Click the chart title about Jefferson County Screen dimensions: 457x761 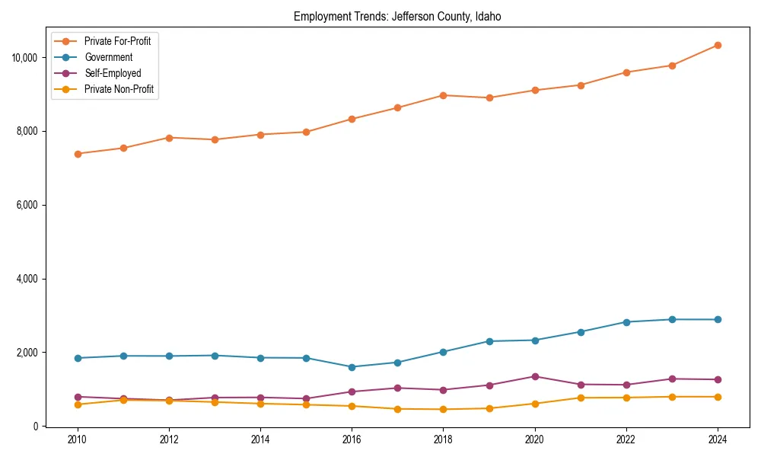point(397,16)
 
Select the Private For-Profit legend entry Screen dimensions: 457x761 point(117,41)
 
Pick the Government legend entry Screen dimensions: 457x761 point(108,57)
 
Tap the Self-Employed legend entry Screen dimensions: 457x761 point(113,73)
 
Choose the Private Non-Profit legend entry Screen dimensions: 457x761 point(119,89)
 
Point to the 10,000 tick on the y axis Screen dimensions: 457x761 point(27,58)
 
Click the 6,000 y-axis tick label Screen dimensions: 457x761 point(29,205)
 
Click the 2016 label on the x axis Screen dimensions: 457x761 point(352,439)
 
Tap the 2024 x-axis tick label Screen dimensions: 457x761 point(718,439)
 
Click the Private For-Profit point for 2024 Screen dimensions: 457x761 point(718,45)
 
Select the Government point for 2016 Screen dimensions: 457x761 point(352,367)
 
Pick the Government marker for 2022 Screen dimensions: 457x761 point(626,322)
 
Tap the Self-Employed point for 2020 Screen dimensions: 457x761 point(535,376)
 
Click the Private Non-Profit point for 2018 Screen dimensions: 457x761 point(443,409)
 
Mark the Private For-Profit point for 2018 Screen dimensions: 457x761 point(443,95)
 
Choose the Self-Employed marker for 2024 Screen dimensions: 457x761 point(718,379)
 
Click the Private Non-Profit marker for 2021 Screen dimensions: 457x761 point(581,398)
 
